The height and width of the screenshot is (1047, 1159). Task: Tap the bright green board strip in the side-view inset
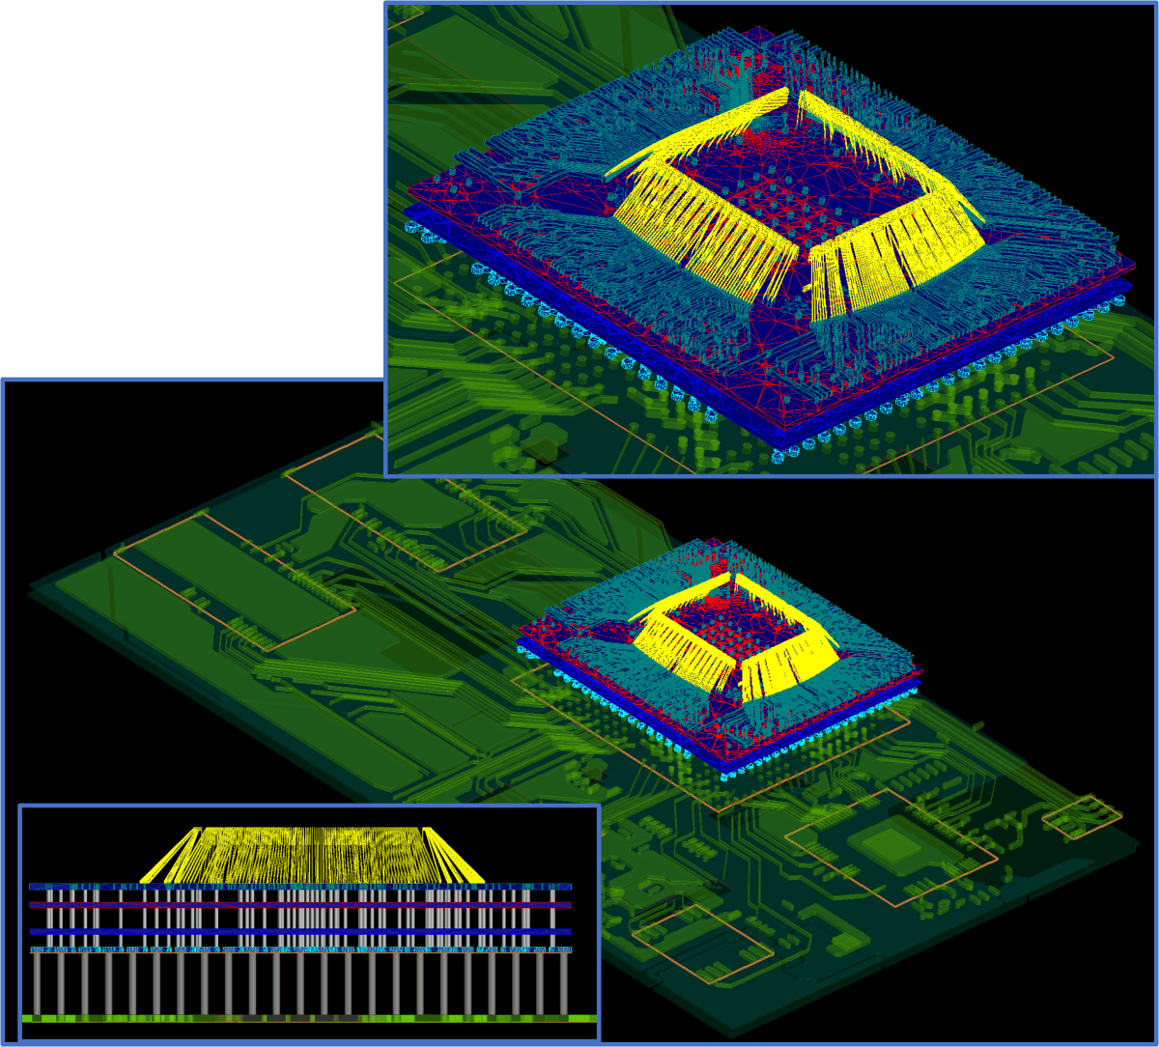tap(309, 1018)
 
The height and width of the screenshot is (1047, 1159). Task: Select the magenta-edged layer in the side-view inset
tap(299, 905)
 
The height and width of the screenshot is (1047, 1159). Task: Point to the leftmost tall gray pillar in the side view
tap(38, 983)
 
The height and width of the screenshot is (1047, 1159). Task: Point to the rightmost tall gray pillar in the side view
tap(564, 983)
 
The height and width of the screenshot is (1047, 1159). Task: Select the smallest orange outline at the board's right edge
tap(1082, 817)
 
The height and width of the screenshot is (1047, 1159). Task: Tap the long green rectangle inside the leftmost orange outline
tap(232, 580)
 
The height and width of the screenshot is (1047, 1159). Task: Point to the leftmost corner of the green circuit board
tap(31, 585)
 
